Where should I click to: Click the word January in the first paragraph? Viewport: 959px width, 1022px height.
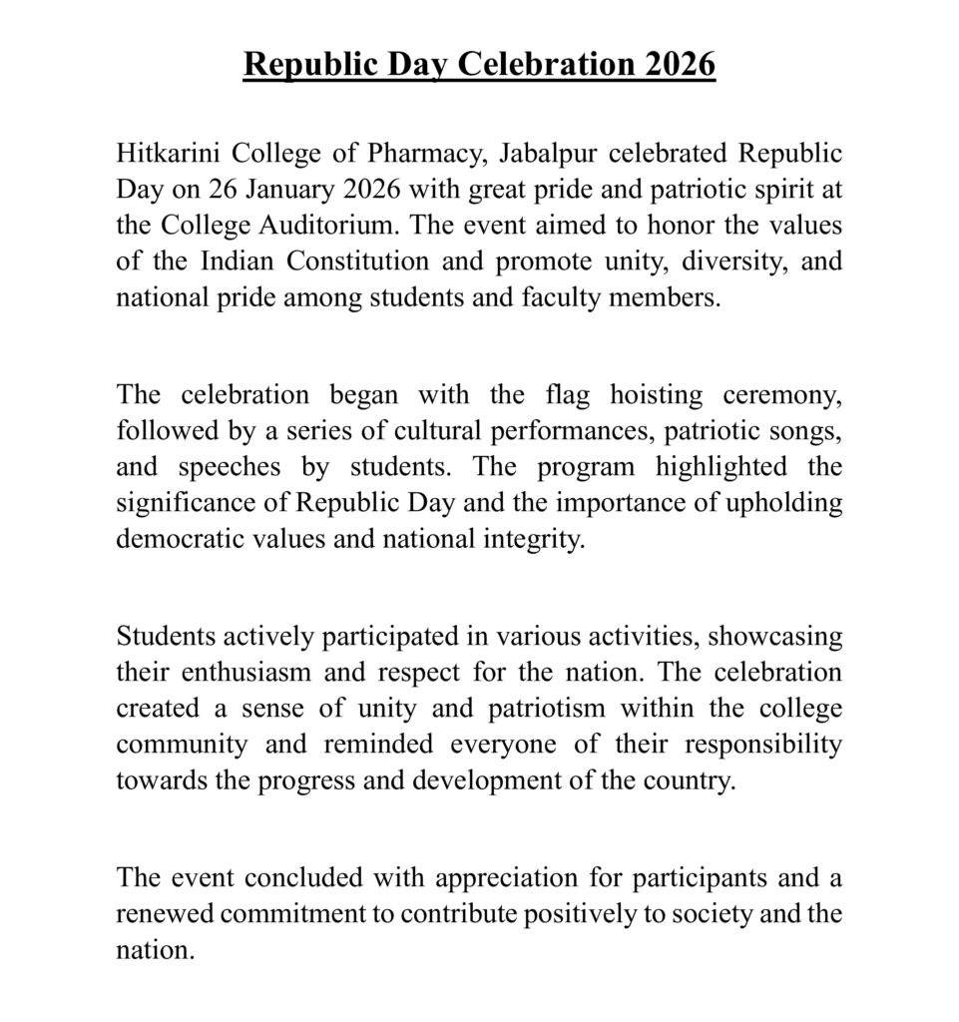301,191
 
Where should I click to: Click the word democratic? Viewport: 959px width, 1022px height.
176,538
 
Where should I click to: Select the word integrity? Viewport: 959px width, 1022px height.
537,538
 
